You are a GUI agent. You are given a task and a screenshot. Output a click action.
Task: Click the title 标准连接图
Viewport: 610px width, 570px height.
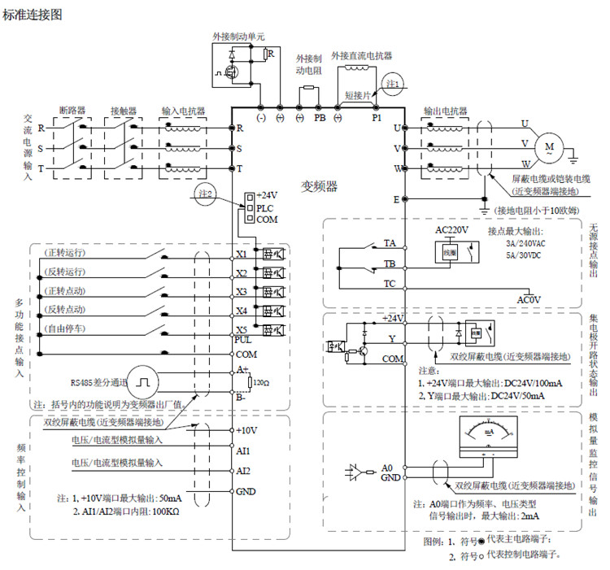(x=33, y=13)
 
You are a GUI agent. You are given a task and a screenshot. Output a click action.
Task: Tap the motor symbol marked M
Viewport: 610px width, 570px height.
(x=549, y=148)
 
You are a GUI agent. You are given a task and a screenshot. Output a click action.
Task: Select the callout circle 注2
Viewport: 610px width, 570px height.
(x=206, y=194)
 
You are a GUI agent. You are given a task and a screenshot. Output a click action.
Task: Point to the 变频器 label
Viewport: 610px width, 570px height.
(x=320, y=185)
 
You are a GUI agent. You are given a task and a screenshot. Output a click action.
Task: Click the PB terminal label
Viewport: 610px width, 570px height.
(x=320, y=117)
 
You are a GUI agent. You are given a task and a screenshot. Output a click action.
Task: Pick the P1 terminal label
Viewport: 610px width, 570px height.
(x=377, y=117)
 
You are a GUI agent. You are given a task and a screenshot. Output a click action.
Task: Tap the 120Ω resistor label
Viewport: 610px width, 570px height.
(x=261, y=381)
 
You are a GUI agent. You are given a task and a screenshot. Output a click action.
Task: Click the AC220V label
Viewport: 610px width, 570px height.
(x=451, y=231)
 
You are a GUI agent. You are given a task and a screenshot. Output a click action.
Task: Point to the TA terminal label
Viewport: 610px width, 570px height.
(x=390, y=243)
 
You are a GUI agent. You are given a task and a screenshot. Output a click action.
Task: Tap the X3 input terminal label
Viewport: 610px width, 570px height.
(x=241, y=291)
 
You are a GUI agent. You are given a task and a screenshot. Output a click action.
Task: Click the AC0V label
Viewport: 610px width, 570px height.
(x=529, y=299)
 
